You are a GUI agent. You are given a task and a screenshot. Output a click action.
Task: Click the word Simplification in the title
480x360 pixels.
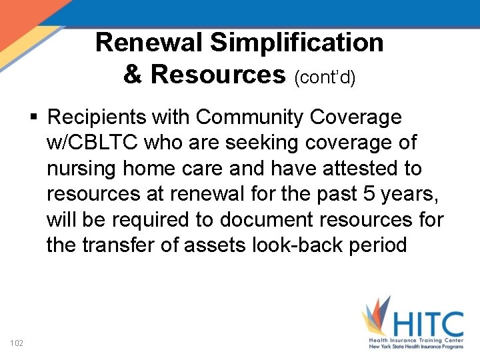[297, 43]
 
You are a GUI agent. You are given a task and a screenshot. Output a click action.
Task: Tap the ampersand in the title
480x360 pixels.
[133, 74]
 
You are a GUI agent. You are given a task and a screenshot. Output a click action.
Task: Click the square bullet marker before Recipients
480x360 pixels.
[34, 118]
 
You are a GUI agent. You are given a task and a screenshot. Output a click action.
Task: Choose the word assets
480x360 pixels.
[216, 245]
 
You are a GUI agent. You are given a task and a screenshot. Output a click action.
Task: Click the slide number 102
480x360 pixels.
[17, 343]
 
